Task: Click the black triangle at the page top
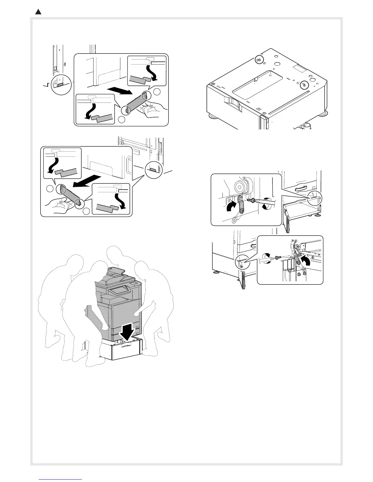click(x=38, y=12)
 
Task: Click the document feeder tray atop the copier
click(x=113, y=271)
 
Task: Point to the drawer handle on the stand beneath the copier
click(x=126, y=345)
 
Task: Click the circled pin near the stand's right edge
click(x=304, y=85)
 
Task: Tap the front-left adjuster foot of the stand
click(x=211, y=116)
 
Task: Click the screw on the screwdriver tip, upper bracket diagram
click(x=252, y=200)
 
